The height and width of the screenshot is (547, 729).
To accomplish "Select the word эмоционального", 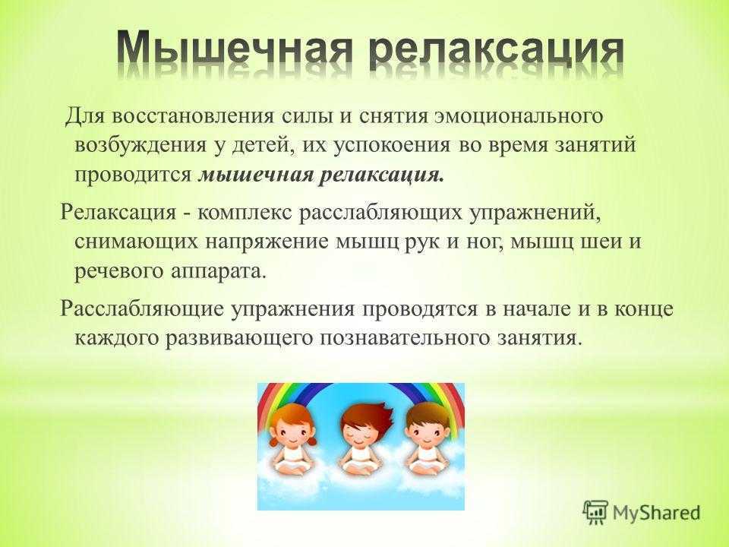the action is [x=519, y=115].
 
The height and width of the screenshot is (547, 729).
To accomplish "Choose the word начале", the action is [x=537, y=310].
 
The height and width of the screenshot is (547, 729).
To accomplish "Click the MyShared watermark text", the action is [x=656, y=513].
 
